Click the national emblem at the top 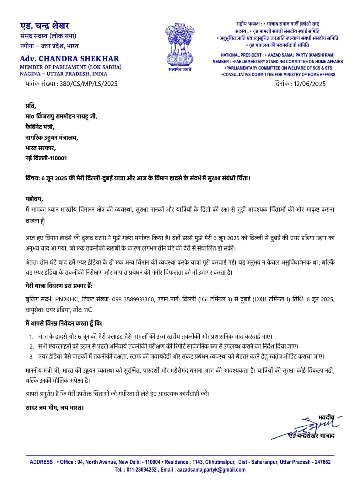point(180,44)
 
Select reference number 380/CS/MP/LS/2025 point(88,84)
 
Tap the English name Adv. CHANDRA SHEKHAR point(69,59)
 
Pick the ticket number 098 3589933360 point(133,299)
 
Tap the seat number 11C point(88,310)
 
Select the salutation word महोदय point(34,199)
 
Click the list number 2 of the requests point(32,347)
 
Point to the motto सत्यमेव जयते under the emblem point(180,69)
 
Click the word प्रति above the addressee point(30,106)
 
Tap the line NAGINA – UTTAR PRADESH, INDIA point(63,74)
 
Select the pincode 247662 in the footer point(322,462)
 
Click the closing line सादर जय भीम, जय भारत point(54,408)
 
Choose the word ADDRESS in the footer point(41,462)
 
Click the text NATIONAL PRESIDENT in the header point(241,55)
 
